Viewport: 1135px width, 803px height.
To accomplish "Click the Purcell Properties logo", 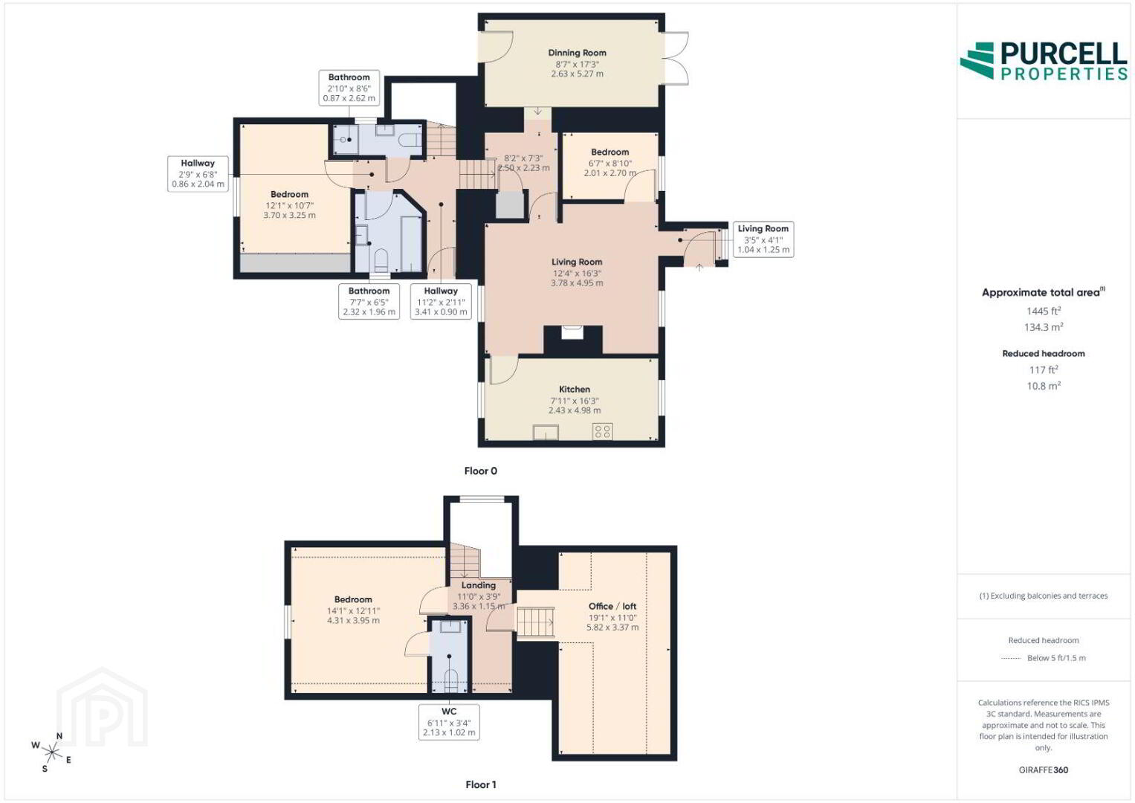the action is pos(1044,61).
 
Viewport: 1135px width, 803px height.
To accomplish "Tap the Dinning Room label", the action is pos(577,53).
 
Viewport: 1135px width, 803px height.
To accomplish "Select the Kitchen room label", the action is pos(574,390).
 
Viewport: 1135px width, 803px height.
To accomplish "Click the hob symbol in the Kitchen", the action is pos(603,431).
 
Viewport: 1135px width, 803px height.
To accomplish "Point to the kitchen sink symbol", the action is pos(546,433).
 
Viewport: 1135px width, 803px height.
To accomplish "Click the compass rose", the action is pos(51,752).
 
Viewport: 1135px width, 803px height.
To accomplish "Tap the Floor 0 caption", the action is pos(480,471).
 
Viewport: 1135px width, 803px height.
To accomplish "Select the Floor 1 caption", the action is pos(480,784).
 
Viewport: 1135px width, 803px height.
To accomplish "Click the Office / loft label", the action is pos(612,606).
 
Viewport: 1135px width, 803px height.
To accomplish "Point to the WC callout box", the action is pos(449,722).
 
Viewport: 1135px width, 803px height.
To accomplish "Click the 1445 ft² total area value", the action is pos(1044,311).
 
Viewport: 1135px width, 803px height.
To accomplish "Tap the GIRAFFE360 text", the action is pos(1044,770).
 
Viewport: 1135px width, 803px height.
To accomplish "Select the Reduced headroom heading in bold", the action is pos(1044,353).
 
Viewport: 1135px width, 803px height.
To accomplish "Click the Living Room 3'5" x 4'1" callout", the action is pos(763,239).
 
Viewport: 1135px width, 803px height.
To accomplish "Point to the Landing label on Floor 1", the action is pos(479,585).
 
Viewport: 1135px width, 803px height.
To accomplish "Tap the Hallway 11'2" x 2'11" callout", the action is pos(441,301).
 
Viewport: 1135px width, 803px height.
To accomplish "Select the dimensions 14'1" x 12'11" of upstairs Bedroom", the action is pos(353,611).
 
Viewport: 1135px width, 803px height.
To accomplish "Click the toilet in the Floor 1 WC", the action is pos(450,681).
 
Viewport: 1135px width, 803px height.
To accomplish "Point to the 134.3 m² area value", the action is pos(1044,327).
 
